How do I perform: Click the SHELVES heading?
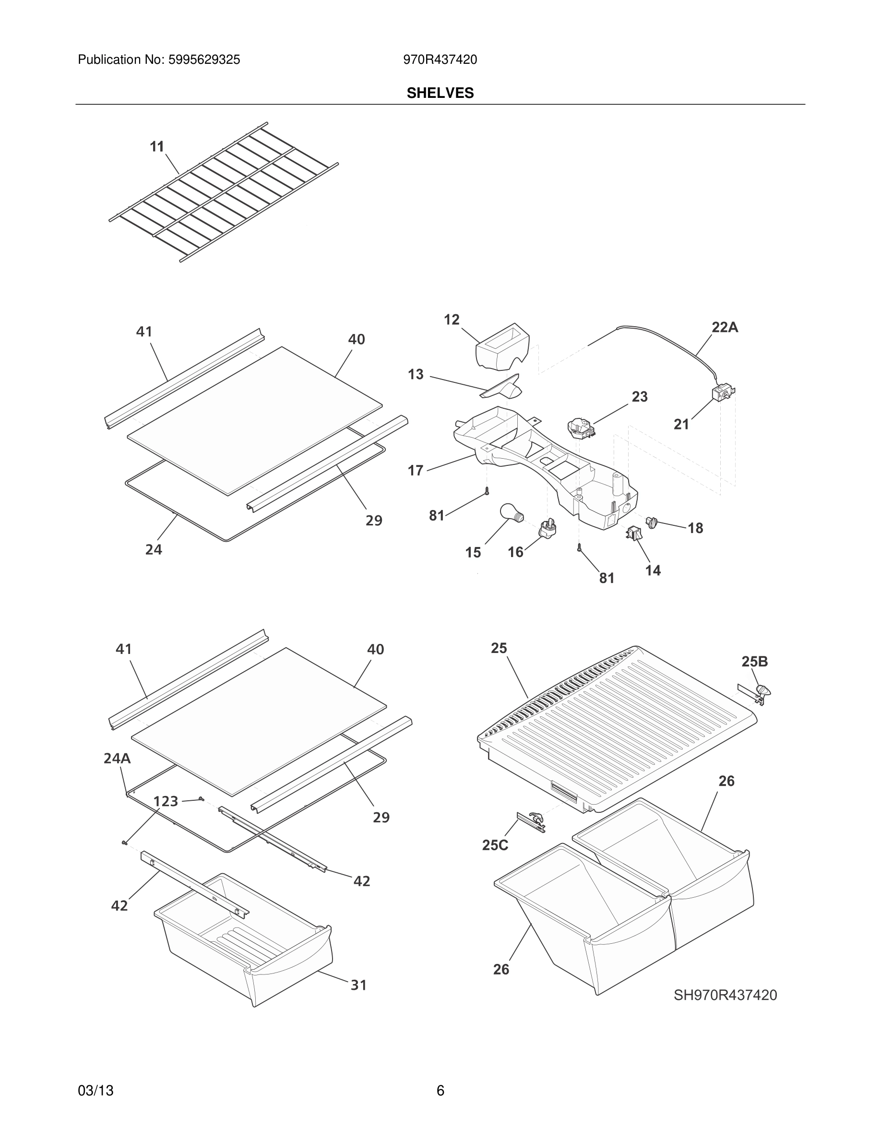point(440,93)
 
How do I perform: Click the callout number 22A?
point(725,327)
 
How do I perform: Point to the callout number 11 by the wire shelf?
point(157,147)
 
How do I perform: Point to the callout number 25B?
point(755,662)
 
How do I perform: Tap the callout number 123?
point(166,801)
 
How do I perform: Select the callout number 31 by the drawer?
point(358,985)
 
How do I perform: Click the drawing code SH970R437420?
point(725,995)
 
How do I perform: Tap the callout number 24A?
point(117,759)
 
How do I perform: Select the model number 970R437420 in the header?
point(440,60)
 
